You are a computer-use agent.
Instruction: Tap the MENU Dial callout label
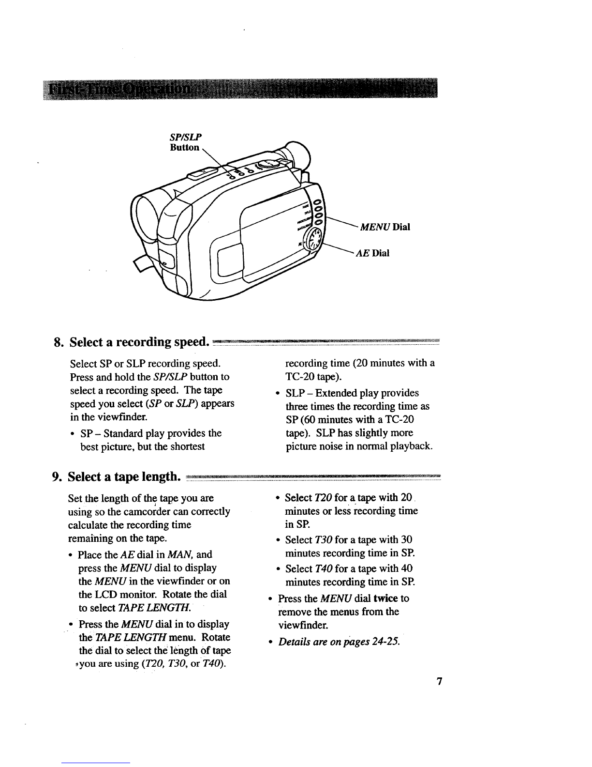coord(384,227)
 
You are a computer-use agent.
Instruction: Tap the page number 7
coord(439,682)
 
